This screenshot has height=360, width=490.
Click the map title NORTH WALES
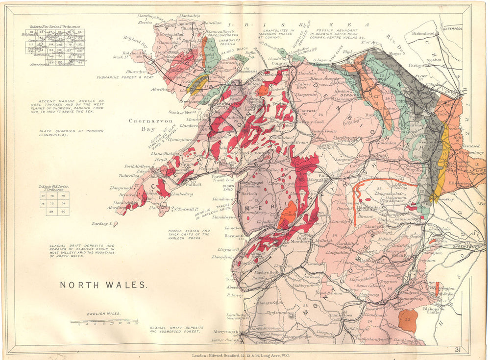[103, 285]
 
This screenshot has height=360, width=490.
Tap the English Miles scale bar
[104, 322]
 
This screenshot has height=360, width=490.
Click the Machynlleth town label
[266, 272]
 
